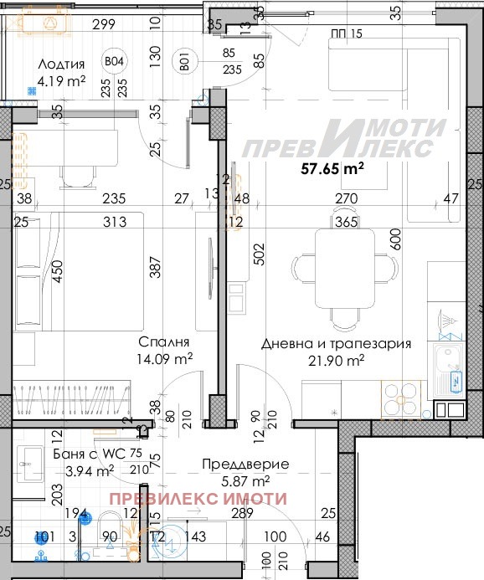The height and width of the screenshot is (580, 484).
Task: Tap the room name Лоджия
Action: (x=61, y=64)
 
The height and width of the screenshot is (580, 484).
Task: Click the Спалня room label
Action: (x=165, y=342)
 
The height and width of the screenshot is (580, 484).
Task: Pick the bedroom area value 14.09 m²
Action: (x=165, y=358)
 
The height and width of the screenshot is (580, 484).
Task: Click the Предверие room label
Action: (x=247, y=464)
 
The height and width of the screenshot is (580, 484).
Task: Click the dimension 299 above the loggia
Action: (x=103, y=24)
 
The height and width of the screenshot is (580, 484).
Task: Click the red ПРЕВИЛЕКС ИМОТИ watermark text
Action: (x=198, y=499)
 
